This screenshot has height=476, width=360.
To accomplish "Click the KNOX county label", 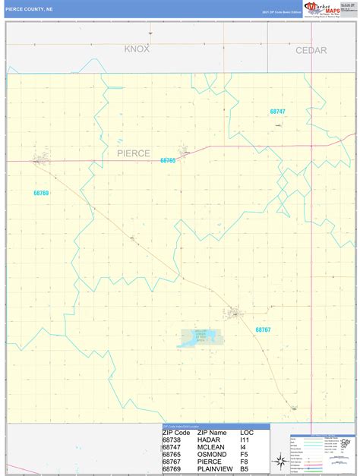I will (x=137, y=49).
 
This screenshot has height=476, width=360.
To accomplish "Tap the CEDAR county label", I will (x=311, y=51).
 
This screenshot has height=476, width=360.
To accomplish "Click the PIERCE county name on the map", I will (x=134, y=153).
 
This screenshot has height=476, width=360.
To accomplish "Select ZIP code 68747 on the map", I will (x=278, y=112).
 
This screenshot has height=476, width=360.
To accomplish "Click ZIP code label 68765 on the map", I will (x=168, y=160).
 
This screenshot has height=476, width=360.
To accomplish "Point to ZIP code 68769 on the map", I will (x=41, y=194).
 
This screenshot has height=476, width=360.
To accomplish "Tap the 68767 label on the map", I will (x=264, y=329).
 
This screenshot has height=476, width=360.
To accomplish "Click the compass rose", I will (x=279, y=459).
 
